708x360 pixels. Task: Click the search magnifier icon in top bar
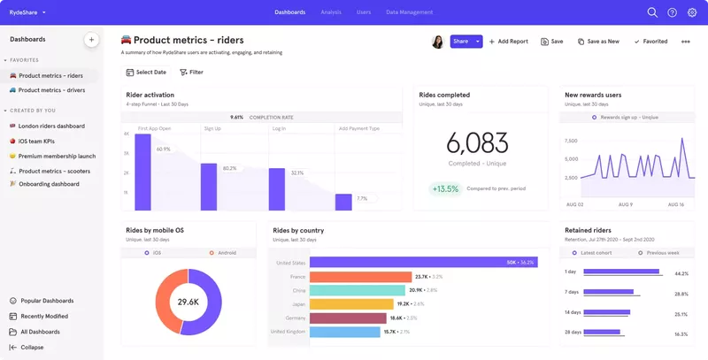coord(652,12)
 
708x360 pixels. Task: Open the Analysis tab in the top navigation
coord(331,12)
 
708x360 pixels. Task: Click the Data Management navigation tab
coord(409,12)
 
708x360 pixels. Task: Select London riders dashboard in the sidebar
coord(51,126)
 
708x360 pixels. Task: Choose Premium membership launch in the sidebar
coord(57,156)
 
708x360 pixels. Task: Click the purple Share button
coord(460,42)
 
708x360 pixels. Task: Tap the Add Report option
coord(508,42)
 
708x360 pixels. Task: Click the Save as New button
coord(598,42)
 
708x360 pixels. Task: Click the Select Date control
coord(146,72)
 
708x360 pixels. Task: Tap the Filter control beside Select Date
coord(191,72)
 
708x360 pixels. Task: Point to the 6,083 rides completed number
coord(477,143)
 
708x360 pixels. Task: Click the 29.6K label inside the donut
coord(188,302)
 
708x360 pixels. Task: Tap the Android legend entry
coord(225,253)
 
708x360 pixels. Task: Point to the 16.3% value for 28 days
coord(681,334)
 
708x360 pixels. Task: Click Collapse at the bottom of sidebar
coord(32,348)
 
